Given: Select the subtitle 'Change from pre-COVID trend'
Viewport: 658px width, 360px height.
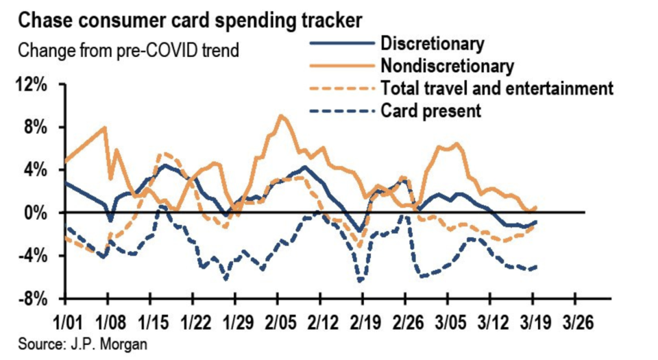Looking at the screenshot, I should (x=128, y=51).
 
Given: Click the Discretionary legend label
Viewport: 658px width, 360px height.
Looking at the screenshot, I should (x=432, y=44).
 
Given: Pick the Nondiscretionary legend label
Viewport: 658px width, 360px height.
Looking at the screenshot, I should (x=446, y=66).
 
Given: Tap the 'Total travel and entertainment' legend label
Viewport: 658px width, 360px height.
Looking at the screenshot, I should (x=496, y=88).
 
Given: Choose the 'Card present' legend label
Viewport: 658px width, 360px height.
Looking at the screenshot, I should (x=430, y=110).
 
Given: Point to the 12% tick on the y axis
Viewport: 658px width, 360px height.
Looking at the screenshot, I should (x=36, y=85).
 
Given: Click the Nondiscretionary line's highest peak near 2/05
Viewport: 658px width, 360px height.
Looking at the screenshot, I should (x=280, y=115).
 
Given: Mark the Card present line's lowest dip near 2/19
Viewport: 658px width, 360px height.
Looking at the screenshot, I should (x=359, y=281).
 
